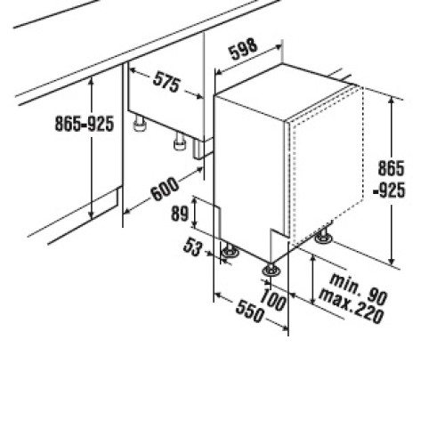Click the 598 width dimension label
[x=244, y=49]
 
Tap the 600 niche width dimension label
[x=165, y=189]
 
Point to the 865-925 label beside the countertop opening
[x=85, y=124]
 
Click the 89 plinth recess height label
[x=180, y=214]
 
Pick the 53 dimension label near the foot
[x=192, y=247]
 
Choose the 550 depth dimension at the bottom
[x=249, y=311]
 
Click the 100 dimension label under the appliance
[x=273, y=300]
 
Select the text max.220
[x=352, y=307]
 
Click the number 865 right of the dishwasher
[x=391, y=168]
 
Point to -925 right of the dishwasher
[x=389, y=190]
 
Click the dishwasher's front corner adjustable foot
[x=271, y=270]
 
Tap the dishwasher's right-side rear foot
[x=323, y=236]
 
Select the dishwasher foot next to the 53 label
[x=230, y=251]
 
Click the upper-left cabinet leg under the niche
[x=139, y=124]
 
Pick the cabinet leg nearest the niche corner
[x=180, y=142]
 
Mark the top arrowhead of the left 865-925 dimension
[x=92, y=79]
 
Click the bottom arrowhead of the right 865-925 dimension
[x=392, y=261]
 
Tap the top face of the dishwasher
[x=285, y=92]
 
